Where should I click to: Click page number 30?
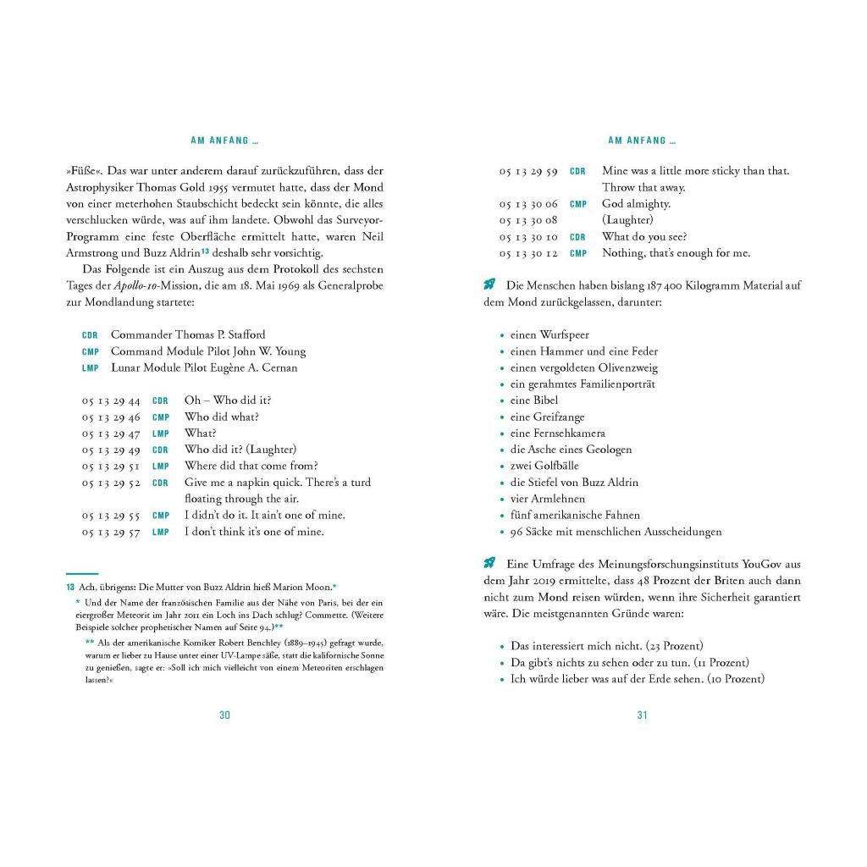224,715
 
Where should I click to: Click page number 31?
642,715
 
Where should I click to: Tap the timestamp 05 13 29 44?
111,400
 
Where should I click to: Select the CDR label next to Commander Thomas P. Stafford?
91,335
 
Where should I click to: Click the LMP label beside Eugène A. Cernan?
91,368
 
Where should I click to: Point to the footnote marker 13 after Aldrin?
205,251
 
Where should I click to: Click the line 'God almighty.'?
636,204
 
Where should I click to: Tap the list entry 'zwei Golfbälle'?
544,466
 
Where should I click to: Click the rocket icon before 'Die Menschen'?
489,285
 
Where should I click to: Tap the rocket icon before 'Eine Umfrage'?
489,564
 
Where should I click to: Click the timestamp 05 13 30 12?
528,253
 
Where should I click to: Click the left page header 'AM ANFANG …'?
224,141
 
